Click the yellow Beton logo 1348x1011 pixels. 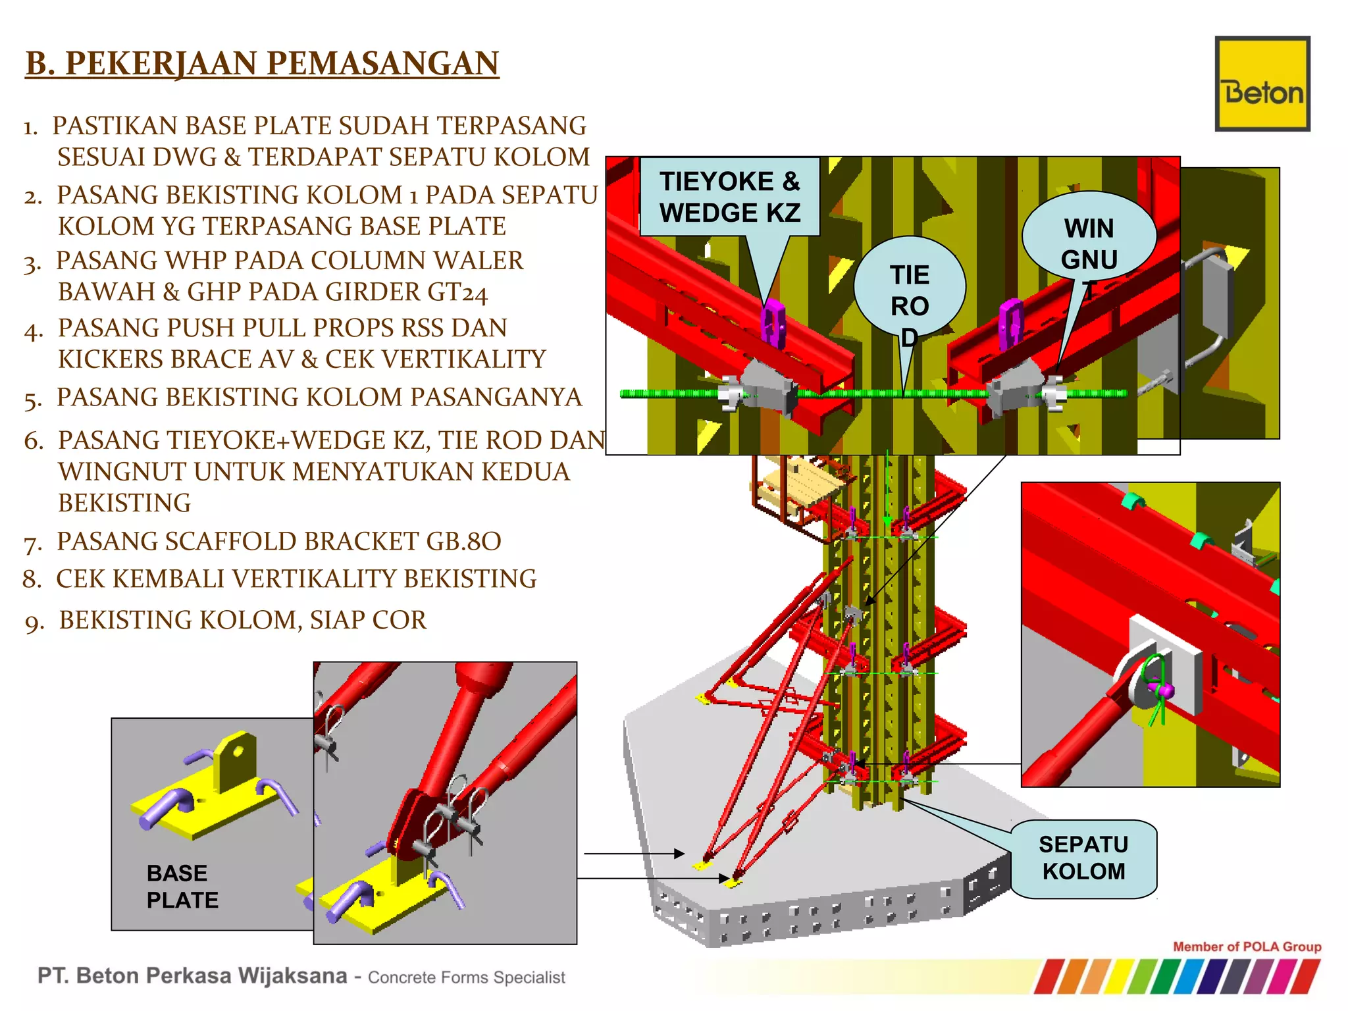[1262, 84]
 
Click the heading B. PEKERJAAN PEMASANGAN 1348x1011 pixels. [262, 64]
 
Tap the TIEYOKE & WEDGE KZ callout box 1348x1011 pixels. [729, 197]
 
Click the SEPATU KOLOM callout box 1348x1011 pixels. [1083, 858]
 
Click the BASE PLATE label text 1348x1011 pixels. [182, 886]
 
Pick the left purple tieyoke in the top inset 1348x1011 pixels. [773, 323]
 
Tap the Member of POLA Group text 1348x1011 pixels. [1247, 946]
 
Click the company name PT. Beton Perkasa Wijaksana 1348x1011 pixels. [192, 975]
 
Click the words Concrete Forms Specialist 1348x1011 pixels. [466, 977]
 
